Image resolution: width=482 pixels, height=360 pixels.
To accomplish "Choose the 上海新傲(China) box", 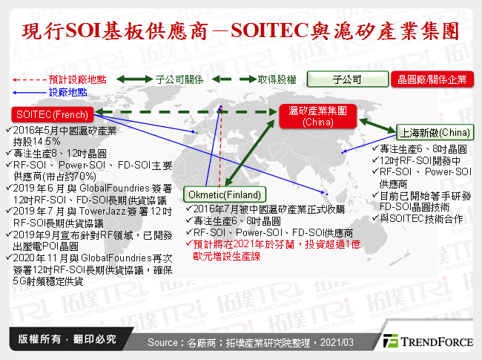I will tap(435, 133).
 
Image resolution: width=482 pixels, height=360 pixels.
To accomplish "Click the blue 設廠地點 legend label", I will tap(67, 91).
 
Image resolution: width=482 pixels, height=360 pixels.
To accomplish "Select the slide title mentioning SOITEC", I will tap(240, 31).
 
